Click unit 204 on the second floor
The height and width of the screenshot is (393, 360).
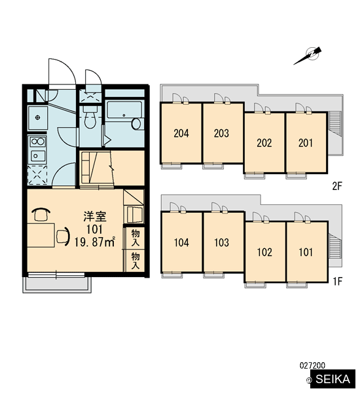click(181, 133)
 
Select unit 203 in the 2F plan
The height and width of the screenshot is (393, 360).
click(223, 133)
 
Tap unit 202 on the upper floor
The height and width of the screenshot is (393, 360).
click(264, 143)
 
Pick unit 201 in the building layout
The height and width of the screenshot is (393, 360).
click(306, 143)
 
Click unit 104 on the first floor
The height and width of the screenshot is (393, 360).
click(181, 242)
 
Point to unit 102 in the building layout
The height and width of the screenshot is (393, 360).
click(265, 252)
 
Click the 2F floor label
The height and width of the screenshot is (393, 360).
click(337, 186)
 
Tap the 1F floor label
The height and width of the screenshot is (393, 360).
click(338, 281)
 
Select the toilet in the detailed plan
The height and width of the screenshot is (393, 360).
click(90, 117)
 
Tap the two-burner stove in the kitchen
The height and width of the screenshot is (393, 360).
click(37, 141)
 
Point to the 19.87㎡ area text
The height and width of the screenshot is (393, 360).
click(95, 242)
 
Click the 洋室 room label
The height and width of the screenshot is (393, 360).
click(95, 217)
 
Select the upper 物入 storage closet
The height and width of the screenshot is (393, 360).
click(135, 238)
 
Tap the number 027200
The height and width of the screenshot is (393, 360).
click(312, 365)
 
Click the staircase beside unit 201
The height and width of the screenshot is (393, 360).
click(335, 124)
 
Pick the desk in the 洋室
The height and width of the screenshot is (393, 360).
click(41, 235)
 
